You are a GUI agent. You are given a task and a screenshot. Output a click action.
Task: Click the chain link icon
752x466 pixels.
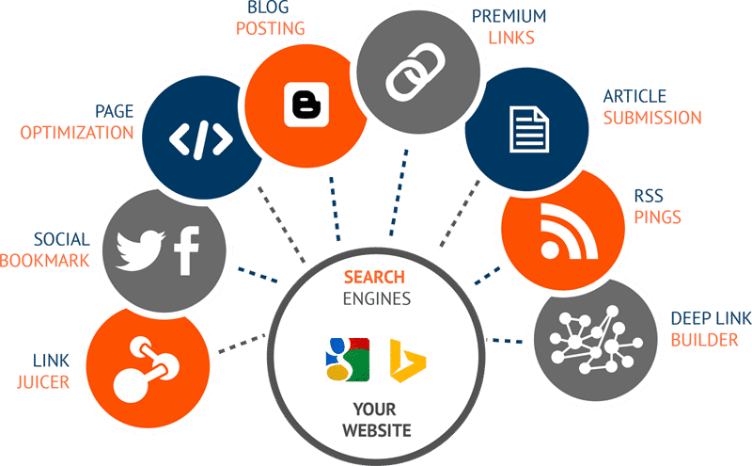406,71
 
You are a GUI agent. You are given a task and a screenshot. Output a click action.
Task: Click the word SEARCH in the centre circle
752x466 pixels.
374,278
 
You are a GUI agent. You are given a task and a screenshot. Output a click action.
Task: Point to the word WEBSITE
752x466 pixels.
376,430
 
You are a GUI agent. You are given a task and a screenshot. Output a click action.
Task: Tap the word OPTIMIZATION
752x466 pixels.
77,133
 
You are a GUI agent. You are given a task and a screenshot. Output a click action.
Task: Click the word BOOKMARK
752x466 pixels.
46,260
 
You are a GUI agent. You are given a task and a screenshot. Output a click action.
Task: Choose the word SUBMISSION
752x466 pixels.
652,118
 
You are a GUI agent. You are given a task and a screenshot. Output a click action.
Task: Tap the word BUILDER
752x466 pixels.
704,339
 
